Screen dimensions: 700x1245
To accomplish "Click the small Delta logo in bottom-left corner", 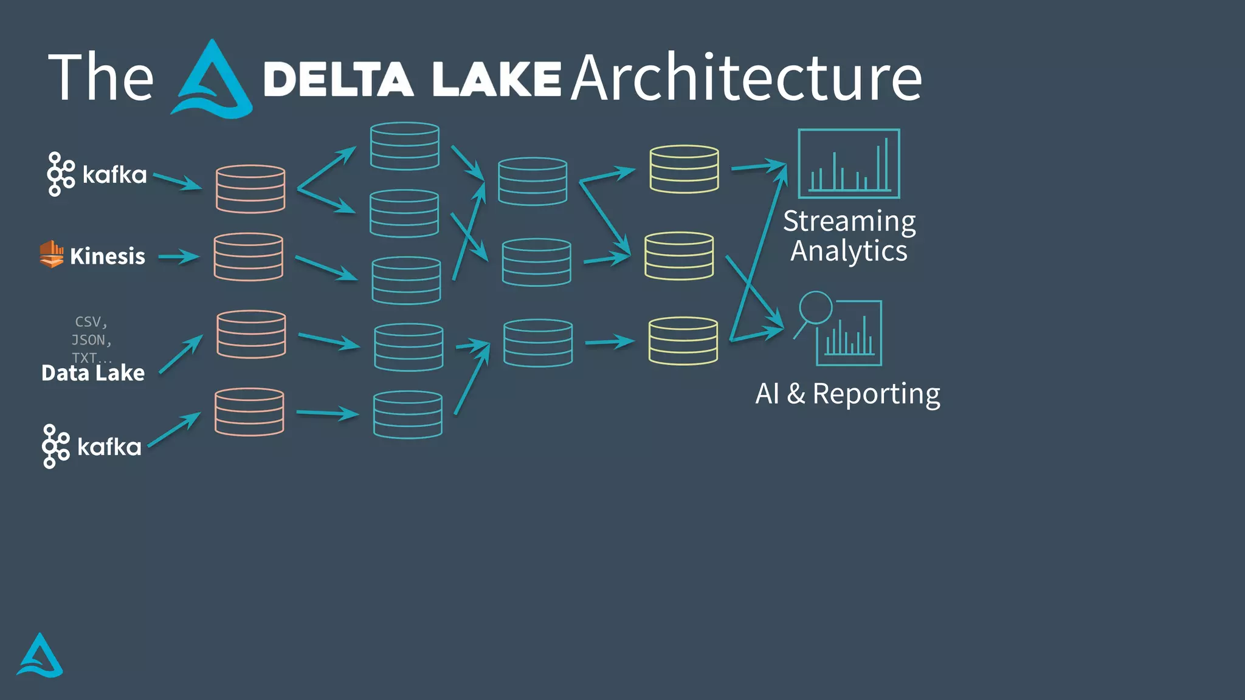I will click(x=40, y=656).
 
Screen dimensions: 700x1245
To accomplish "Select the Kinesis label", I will click(x=108, y=256).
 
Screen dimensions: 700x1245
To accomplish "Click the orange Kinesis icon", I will click(x=52, y=254).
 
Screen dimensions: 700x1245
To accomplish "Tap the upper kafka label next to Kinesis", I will click(x=114, y=175).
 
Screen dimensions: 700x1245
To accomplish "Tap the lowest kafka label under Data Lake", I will click(x=109, y=447).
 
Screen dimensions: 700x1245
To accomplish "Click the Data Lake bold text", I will click(x=93, y=372).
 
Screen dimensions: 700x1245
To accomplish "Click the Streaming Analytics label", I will click(x=849, y=236).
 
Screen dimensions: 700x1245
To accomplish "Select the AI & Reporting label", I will click(x=847, y=394).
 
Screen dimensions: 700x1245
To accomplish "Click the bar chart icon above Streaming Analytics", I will click(x=849, y=163).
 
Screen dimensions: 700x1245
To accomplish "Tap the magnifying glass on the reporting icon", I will click(x=815, y=308).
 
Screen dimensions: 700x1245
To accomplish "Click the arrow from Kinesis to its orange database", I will click(x=179, y=257).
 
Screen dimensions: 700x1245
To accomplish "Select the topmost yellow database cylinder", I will click(x=684, y=169).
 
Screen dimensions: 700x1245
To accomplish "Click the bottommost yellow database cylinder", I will click(x=683, y=341).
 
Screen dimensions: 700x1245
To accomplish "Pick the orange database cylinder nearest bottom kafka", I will click(x=249, y=412).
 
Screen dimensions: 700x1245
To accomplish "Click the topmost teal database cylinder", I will click(x=404, y=146).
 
